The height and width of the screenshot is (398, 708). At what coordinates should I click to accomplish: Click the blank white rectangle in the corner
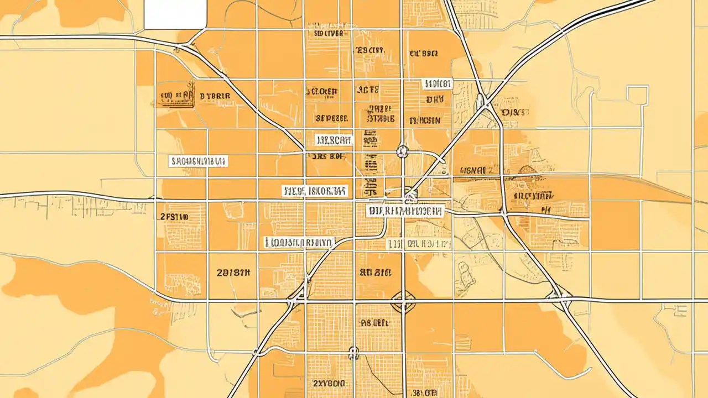coord(175,14)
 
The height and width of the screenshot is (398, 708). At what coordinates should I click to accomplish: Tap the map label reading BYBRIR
coord(215,96)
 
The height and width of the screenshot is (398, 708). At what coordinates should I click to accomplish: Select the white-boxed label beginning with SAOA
coord(198,161)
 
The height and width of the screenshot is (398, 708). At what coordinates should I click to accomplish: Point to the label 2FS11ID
coord(174,217)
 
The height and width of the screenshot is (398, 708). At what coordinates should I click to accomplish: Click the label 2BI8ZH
coord(233,273)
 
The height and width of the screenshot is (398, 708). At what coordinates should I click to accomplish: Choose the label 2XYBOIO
coord(329,383)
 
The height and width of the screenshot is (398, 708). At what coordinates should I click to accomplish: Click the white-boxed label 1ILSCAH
coord(334,140)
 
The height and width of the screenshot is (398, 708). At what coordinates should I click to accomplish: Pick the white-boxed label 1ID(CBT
coord(437,84)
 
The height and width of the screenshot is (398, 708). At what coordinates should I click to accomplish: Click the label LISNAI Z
coord(476,171)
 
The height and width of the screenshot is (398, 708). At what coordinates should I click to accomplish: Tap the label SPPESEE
coord(331,118)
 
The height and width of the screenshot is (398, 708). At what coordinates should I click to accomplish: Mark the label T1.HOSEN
coord(425,120)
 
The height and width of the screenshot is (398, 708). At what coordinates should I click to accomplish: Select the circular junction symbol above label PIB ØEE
coord(403,301)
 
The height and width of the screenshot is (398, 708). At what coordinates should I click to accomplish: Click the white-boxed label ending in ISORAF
coord(315,191)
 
